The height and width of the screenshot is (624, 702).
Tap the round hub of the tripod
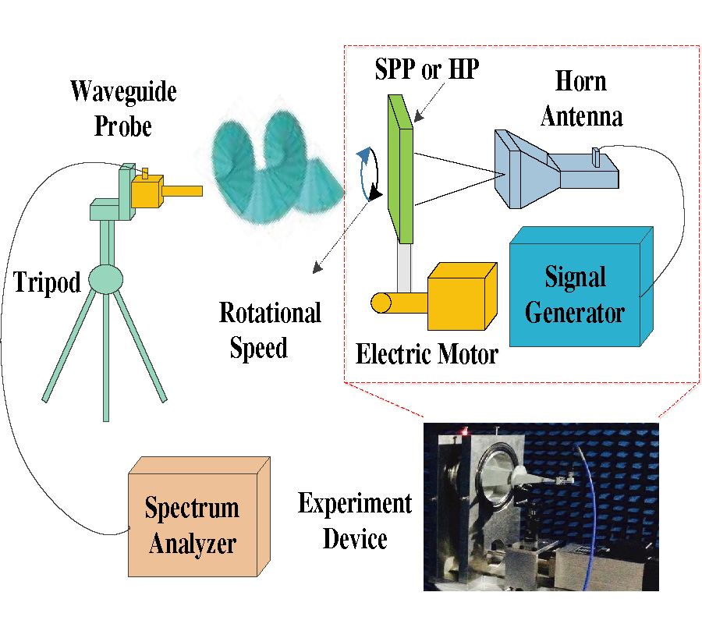tap(105, 278)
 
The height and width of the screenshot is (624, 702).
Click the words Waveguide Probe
tap(123, 108)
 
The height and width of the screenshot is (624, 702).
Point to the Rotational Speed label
tap(269, 330)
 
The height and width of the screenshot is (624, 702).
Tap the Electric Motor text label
tap(427, 356)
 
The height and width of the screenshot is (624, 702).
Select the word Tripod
tap(47, 282)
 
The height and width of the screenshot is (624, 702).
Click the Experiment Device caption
tap(355, 519)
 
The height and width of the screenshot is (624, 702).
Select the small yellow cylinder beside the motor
tap(384, 303)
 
